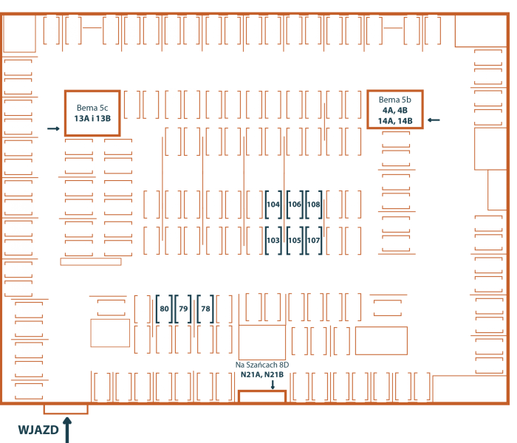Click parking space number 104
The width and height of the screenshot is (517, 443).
click(273, 205)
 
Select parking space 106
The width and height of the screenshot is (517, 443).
click(295, 205)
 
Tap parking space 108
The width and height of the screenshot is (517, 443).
click(314, 205)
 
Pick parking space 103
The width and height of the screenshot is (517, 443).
click(273, 240)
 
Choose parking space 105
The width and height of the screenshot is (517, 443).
click(295, 240)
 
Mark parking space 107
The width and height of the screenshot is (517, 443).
click(314, 240)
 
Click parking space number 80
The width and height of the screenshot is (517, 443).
click(164, 309)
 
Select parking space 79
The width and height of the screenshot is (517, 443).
click(183, 309)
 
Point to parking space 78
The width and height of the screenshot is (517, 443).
click(205, 309)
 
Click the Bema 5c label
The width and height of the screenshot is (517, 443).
click(92, 108)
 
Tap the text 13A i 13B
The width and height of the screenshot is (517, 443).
click(92, 118)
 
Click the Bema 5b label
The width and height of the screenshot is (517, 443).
click(395, 100)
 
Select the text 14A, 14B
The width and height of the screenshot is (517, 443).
click(395, 121)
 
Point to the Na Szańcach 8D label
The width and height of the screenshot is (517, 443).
click(262, 365)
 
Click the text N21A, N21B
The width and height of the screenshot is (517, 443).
click(262, 374)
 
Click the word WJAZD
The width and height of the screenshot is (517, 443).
click(38, 430)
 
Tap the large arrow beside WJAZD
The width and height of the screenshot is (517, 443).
click(67, 430)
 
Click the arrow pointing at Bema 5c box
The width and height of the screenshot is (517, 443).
click(53, 128)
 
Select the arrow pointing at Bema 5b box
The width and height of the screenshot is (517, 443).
click(434, 120)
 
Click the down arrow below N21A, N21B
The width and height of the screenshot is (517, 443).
click(273, 385)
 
